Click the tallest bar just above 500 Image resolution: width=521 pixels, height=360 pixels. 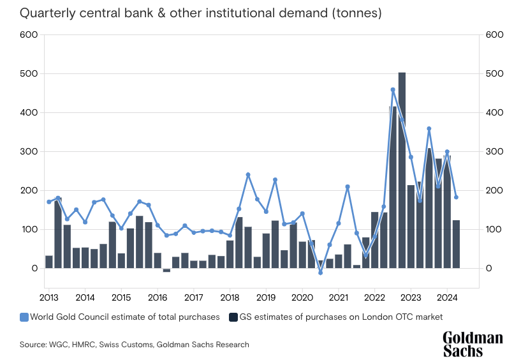coord(402,172)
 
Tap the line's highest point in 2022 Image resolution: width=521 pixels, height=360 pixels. coord(393,90)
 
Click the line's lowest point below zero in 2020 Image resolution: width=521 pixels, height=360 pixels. coord(321,273)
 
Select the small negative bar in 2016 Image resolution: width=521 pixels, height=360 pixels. coord(166,271)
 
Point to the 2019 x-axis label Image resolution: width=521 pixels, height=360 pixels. coord(266,297)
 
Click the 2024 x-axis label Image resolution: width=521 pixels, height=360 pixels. coord(447,297)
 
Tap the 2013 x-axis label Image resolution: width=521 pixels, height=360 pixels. coord(49,297)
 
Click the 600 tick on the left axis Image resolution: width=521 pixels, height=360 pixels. coord(29,35)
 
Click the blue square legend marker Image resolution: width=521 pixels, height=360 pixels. coord(24,317)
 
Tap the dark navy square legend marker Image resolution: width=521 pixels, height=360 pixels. coord(233,317)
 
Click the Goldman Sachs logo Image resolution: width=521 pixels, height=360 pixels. coord(473,344)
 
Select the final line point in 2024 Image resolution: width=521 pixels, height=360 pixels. coord(456,197)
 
